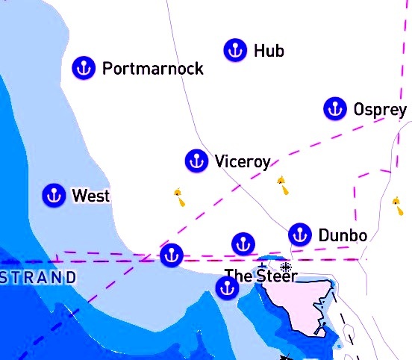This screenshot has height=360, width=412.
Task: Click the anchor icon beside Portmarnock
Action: click(84, 68)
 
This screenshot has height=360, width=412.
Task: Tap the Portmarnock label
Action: click(152, 69)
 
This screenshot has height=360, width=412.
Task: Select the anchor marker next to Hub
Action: click(235, 50)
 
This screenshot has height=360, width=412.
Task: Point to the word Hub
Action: click(269, 51)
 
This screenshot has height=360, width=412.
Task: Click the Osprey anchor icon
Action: click(334, 108)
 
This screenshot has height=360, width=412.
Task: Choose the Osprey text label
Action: click(380, 110)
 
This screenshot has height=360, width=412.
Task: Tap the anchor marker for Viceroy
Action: click(196, 161)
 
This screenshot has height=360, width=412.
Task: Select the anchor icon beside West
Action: click(53, 195)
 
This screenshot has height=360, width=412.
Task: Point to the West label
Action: click(90, 196)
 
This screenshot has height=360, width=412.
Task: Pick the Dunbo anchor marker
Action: click(299, 234)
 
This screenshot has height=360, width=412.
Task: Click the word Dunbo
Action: click(343, 236)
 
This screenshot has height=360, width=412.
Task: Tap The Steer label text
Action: click(260, 276)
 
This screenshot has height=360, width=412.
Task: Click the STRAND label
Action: click(38, 278)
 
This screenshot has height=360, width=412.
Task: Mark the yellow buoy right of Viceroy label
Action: click(283, 185)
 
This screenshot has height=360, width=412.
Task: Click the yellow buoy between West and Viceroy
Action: click(179, 197)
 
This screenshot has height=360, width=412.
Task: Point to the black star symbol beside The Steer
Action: click(285, 267)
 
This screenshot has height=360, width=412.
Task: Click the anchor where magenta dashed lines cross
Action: click(171, 255)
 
